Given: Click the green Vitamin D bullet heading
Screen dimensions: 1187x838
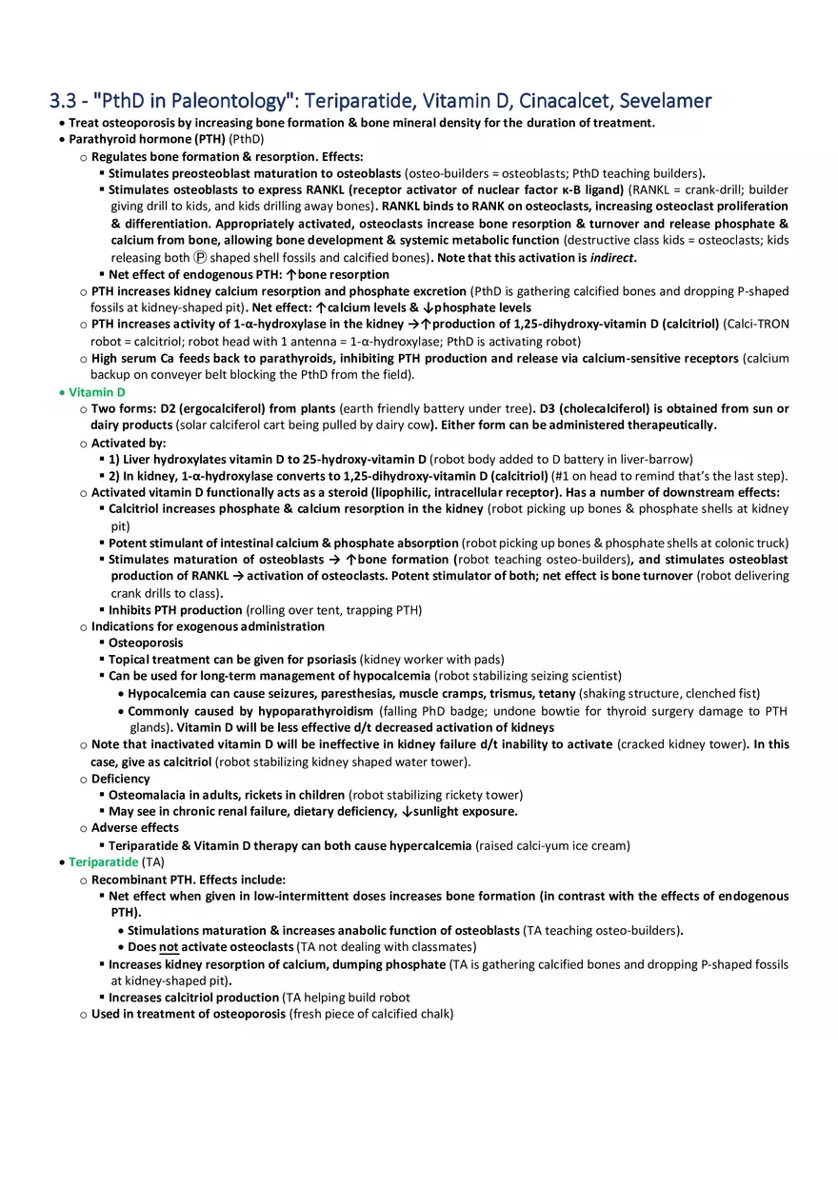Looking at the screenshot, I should (x=96, y=392).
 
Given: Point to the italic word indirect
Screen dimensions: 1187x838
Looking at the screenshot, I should (x=609, y=258).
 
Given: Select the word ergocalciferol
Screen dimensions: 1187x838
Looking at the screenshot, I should (x=207, y=408).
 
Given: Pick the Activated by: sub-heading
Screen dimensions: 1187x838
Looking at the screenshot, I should (x=129, y=443).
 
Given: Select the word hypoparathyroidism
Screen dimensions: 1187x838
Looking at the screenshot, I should (x=314, y=711).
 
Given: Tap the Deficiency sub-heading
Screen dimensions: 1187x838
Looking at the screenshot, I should (x=120, y=779).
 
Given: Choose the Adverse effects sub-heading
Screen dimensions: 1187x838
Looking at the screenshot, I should (x=134, y=827).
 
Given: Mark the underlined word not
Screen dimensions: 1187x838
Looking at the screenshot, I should (x=169, y=946).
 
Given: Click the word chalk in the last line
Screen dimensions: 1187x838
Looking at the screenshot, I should (x=435, y=1014).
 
